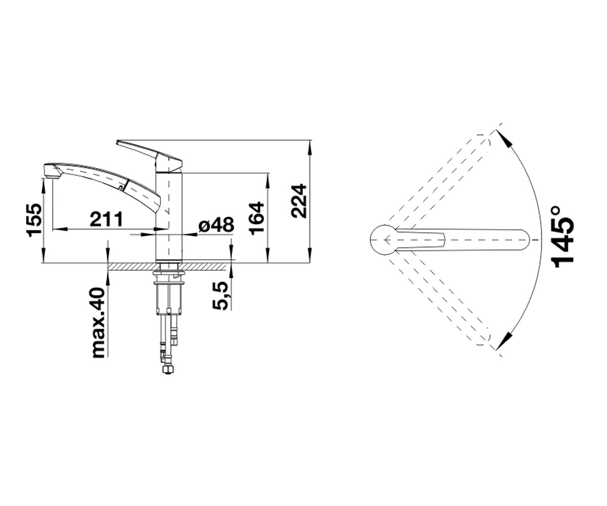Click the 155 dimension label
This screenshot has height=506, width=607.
(34, 221)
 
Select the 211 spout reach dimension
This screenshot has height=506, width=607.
(106, 219)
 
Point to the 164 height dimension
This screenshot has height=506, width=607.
(256, 219)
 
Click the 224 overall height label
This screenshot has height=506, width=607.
(299, 201)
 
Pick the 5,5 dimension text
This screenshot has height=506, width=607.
(221, 296)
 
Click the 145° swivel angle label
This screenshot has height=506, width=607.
(563, 241)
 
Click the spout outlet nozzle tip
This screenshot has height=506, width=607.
(52, 172)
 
